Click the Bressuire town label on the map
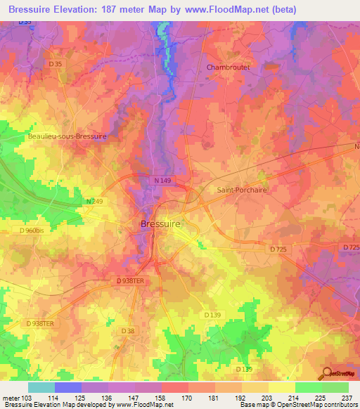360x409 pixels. [x=156, y=223]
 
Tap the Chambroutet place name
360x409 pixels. [x=229, y=67]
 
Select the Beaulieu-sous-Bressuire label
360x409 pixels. [x=67, y=137]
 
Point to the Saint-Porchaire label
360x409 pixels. [x=243, y=190]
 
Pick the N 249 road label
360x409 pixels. [x=94, y=202]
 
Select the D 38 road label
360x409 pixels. [x=127, y=330]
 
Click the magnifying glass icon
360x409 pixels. [x=326, y=372]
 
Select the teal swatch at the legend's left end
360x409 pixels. [x=41, y=387]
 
